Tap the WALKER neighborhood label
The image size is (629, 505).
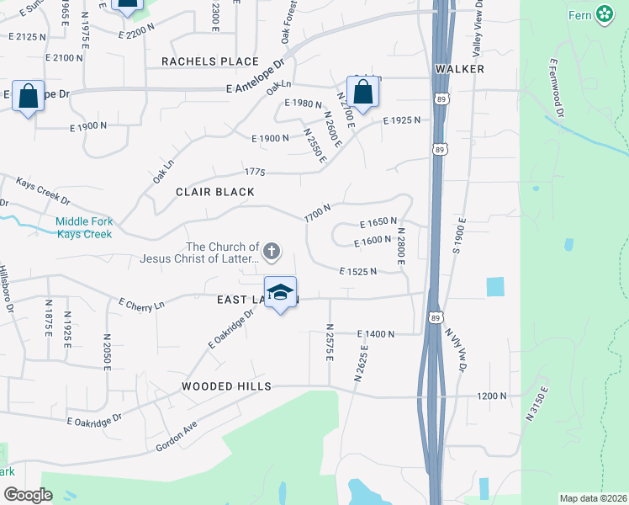click(460, 68)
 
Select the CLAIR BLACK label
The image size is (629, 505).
click(214, 192)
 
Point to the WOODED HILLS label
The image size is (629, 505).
click(226, 385)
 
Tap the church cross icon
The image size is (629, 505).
click(272, 250)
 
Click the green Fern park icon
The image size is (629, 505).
click(604, 13)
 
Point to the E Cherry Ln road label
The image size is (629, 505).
click(140, 304)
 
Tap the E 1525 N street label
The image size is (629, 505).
click(358, 272)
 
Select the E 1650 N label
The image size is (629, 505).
click(378, 222)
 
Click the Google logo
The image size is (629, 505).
click(29, 494)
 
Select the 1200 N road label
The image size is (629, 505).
click(492, 395)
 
